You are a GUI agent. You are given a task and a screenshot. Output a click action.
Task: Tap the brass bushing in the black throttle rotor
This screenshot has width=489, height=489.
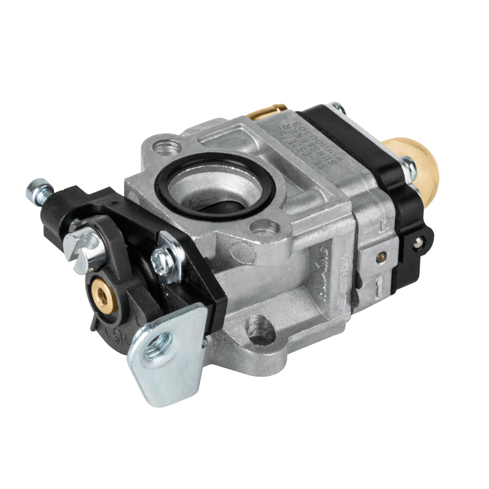point(103,294)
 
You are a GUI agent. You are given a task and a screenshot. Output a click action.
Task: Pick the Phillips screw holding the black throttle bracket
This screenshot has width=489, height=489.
point(163,259)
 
